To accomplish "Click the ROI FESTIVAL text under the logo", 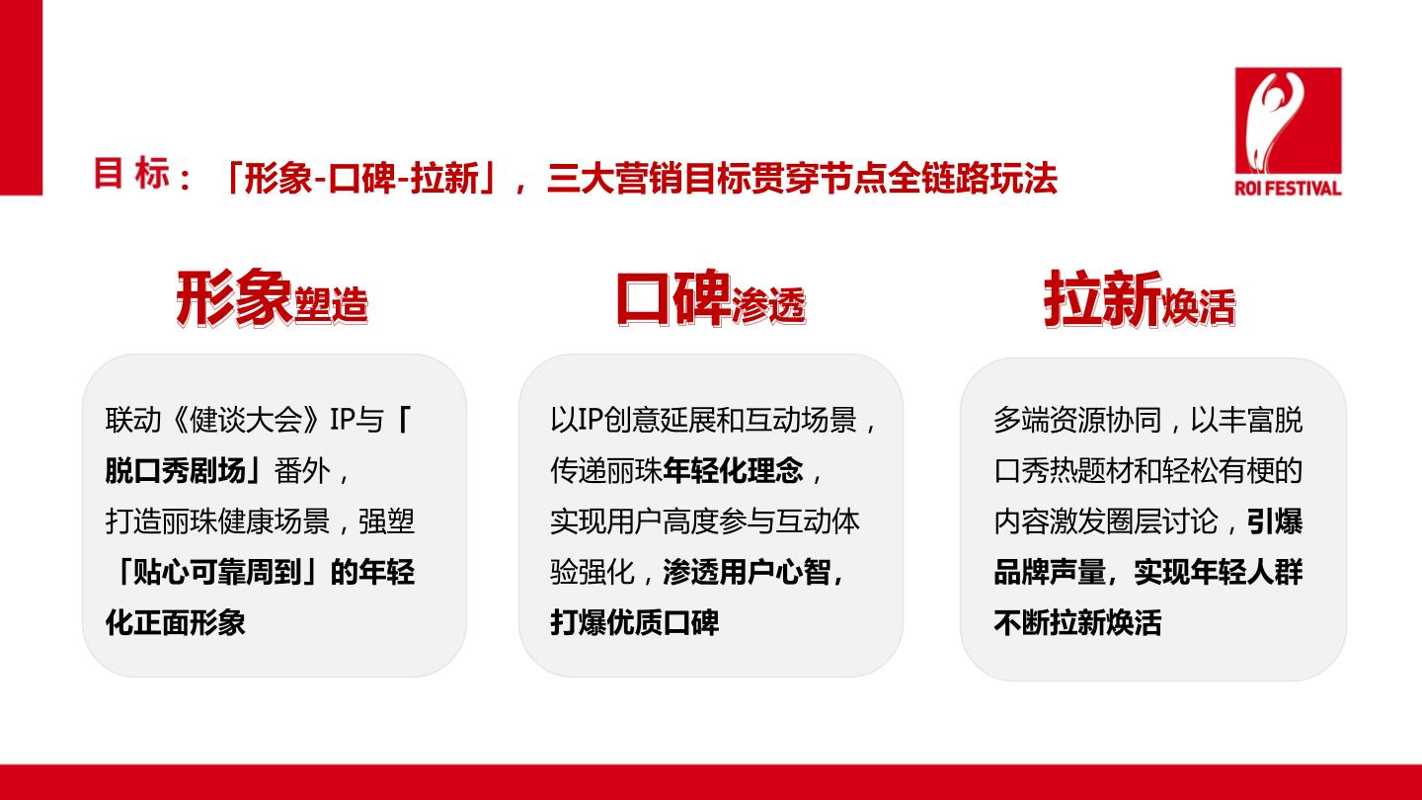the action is tap(1288, 188).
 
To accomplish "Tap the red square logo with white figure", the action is tap(1288, 120).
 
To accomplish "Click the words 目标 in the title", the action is tap(132, 174).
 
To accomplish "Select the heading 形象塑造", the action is tap(273, 298).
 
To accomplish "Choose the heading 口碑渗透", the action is tap(711, 298).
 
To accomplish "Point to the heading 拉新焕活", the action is tap(1140, 298).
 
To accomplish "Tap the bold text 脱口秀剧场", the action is tap(175, 470).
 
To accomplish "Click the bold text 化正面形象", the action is tap(175, 622).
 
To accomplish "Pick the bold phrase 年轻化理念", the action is tap(733, 470).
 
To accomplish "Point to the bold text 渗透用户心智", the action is tap(748, 572).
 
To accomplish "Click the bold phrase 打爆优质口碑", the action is tap(635, 622).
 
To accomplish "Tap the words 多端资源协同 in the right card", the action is tap(1078, 420).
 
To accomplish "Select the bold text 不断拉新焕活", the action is tap(1078, 622).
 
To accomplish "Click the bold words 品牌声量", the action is tap(1050, 572).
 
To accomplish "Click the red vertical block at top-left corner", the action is tap(21, 98).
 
